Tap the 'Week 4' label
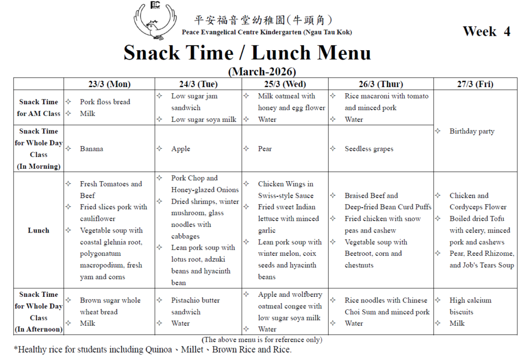[x=486, y=31]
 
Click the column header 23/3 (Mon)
[x=109, y=84]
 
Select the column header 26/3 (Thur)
[x=380, y=84]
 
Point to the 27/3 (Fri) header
[x=475, y=84]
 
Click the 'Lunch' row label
[x=38, y=231]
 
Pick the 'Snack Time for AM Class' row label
[x=38, y=108]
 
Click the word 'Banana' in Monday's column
[x=92, y=149]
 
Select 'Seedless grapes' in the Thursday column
[x=369, y=149]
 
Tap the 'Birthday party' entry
[x=472, y=131]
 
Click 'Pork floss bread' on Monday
[x=105, y=102]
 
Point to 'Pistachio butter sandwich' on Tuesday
[x=195, y=306]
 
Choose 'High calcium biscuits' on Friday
[x=470, y=306]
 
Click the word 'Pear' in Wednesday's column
[x=264, y=149]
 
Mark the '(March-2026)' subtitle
[x=262, y=71]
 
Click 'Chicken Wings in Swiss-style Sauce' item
[x=285, y=190]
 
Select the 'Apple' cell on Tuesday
[x=181, y=149]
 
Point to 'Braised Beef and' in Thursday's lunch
[x=371, y=196]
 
